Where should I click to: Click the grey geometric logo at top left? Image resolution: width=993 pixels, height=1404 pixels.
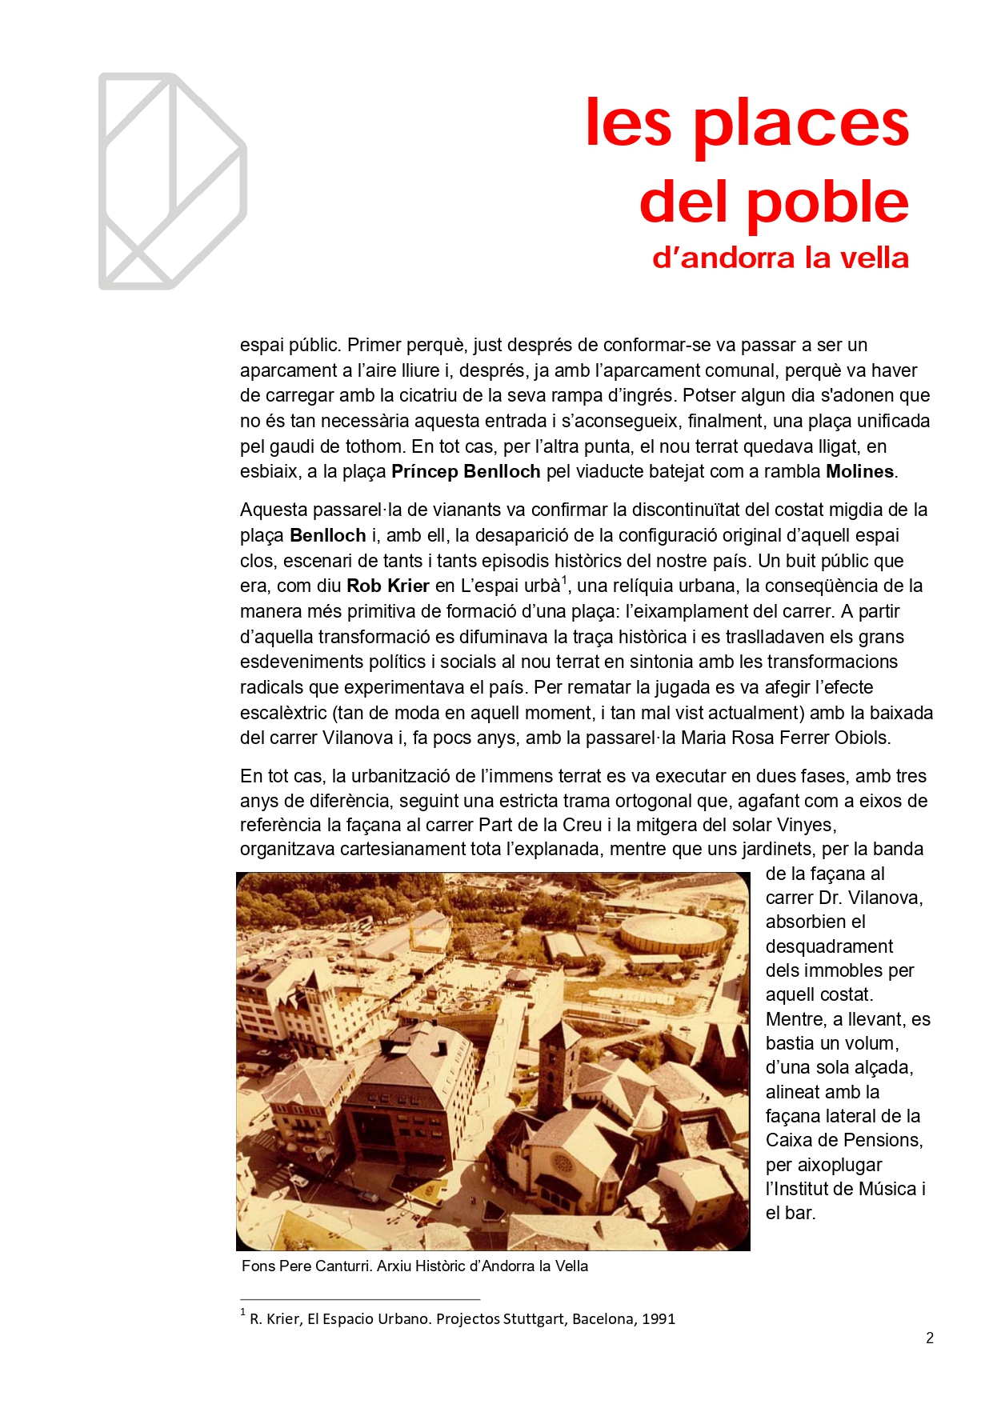pos(172,182)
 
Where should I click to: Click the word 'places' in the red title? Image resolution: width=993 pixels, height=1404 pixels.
pos(801,124)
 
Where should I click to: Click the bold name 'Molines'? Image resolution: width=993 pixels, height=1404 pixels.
pos(859,472)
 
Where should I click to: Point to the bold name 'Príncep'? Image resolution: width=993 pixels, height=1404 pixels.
pos(424,472)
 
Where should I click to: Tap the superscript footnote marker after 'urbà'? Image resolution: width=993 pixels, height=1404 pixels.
pos(564,580)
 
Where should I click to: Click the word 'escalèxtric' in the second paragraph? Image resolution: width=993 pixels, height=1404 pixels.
pos(283,713)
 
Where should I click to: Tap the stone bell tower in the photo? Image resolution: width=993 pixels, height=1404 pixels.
pos(558,1063)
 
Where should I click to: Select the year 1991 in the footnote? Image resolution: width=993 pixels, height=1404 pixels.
pos(659,1319)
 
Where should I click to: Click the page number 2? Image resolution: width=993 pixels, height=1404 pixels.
pos(930,1338)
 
